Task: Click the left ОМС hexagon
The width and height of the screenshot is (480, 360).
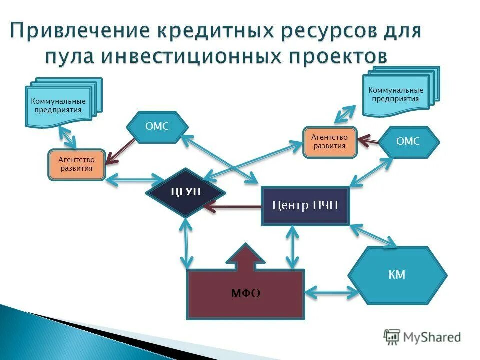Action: click(157, 127)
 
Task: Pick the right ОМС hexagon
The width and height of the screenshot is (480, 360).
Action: click(408, 142)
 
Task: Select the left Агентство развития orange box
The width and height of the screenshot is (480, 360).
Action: click(77, 164)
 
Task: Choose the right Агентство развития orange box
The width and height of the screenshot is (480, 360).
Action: click(329, 141)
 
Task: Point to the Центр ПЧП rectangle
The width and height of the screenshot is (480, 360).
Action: click(305, 205)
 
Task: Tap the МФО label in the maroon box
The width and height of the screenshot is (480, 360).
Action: click(245, 293)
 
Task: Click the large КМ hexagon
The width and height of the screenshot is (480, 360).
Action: click(397, 275)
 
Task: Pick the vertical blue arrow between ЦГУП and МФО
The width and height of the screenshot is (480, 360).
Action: click(187, 244)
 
